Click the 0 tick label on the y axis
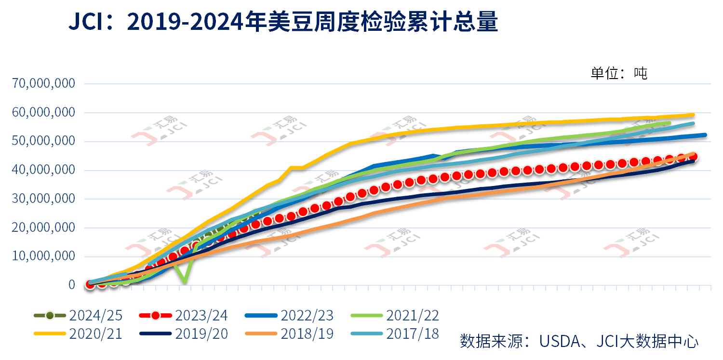tap(72, 285)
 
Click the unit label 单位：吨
tap(619, 73)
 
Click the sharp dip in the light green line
tap(184, 281)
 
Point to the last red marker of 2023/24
tap(693, 157)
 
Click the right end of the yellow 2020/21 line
tap(693, 115)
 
